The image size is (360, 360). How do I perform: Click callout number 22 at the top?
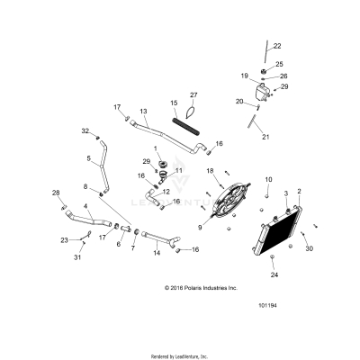(x=276, y=46)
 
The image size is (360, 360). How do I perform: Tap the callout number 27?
(x=193, y=94)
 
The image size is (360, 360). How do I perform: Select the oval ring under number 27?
(x=191, y=113)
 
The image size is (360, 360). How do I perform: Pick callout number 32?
(x=85, y=131)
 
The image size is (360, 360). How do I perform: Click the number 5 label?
(x=89, y=159)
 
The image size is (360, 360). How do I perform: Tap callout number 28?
(x=55, y=193)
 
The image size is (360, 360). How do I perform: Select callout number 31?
(x=76, y=258)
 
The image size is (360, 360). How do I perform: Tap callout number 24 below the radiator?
(x=274, y=274)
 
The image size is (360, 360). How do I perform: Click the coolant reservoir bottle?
(x=267, y=93)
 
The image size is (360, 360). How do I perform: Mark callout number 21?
(x=265, y=137)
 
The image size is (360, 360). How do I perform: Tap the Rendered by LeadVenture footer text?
(x=180, y=355)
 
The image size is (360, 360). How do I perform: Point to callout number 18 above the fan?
(x=210, y=170)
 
